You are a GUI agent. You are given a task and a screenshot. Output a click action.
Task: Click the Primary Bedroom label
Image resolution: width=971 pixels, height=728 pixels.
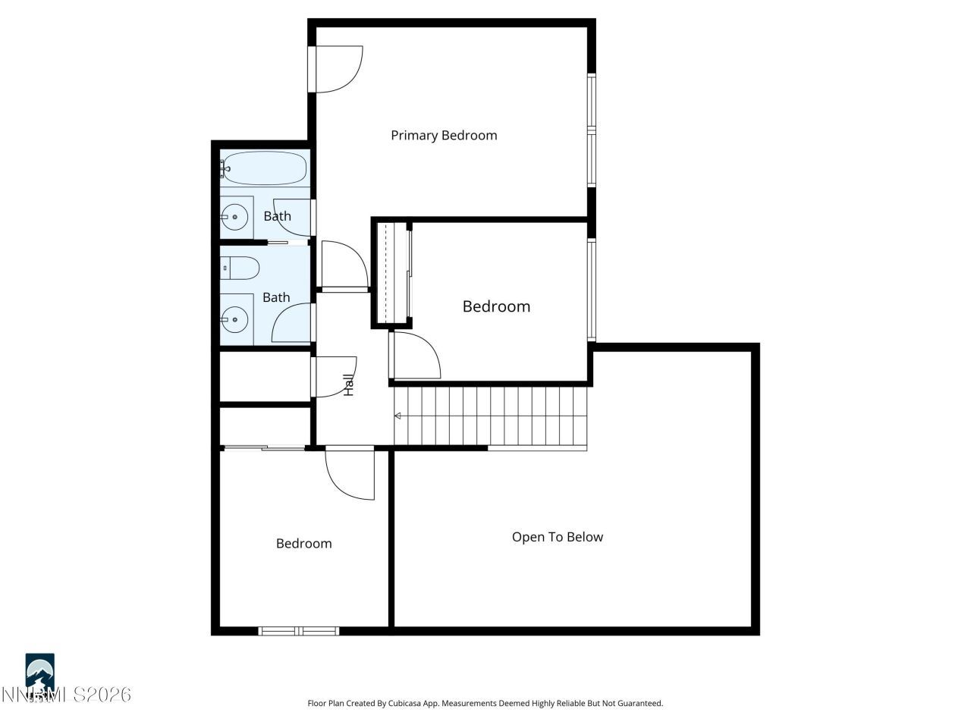click(444, 136)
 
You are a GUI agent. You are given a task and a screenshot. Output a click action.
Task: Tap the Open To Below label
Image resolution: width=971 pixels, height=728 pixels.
click(558, 537)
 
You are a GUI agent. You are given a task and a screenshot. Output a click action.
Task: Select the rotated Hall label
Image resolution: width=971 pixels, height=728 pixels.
click(349, 385)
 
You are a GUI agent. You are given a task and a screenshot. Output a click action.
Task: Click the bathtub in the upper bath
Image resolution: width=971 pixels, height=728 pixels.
click(264, 168)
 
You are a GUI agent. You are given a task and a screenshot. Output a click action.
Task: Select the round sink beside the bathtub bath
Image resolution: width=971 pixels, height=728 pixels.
click(235, 217)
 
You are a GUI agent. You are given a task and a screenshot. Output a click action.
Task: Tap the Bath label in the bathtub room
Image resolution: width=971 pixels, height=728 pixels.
click(277, 216)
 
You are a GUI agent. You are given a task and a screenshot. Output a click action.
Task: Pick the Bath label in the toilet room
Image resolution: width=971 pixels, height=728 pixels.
click(276, 297)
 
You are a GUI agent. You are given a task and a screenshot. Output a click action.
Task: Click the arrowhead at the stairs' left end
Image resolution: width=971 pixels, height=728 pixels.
click(398, 416)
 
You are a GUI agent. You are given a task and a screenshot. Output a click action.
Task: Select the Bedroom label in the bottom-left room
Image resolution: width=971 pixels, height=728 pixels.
click(303, 544)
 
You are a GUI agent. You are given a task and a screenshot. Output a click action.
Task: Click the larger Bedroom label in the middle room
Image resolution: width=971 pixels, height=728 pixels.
click(496, 306)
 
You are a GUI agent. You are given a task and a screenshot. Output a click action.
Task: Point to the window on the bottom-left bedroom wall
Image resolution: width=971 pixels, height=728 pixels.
click(299, 630)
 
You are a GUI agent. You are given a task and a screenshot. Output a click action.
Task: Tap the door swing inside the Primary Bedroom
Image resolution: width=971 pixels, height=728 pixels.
click(338, 70)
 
